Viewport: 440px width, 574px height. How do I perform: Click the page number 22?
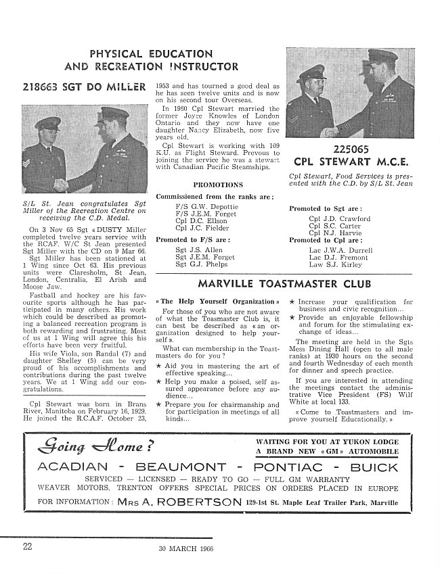(26, 547)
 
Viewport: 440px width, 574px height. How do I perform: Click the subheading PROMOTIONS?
(217, 185)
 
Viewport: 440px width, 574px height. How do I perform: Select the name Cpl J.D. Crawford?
(339, 219)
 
